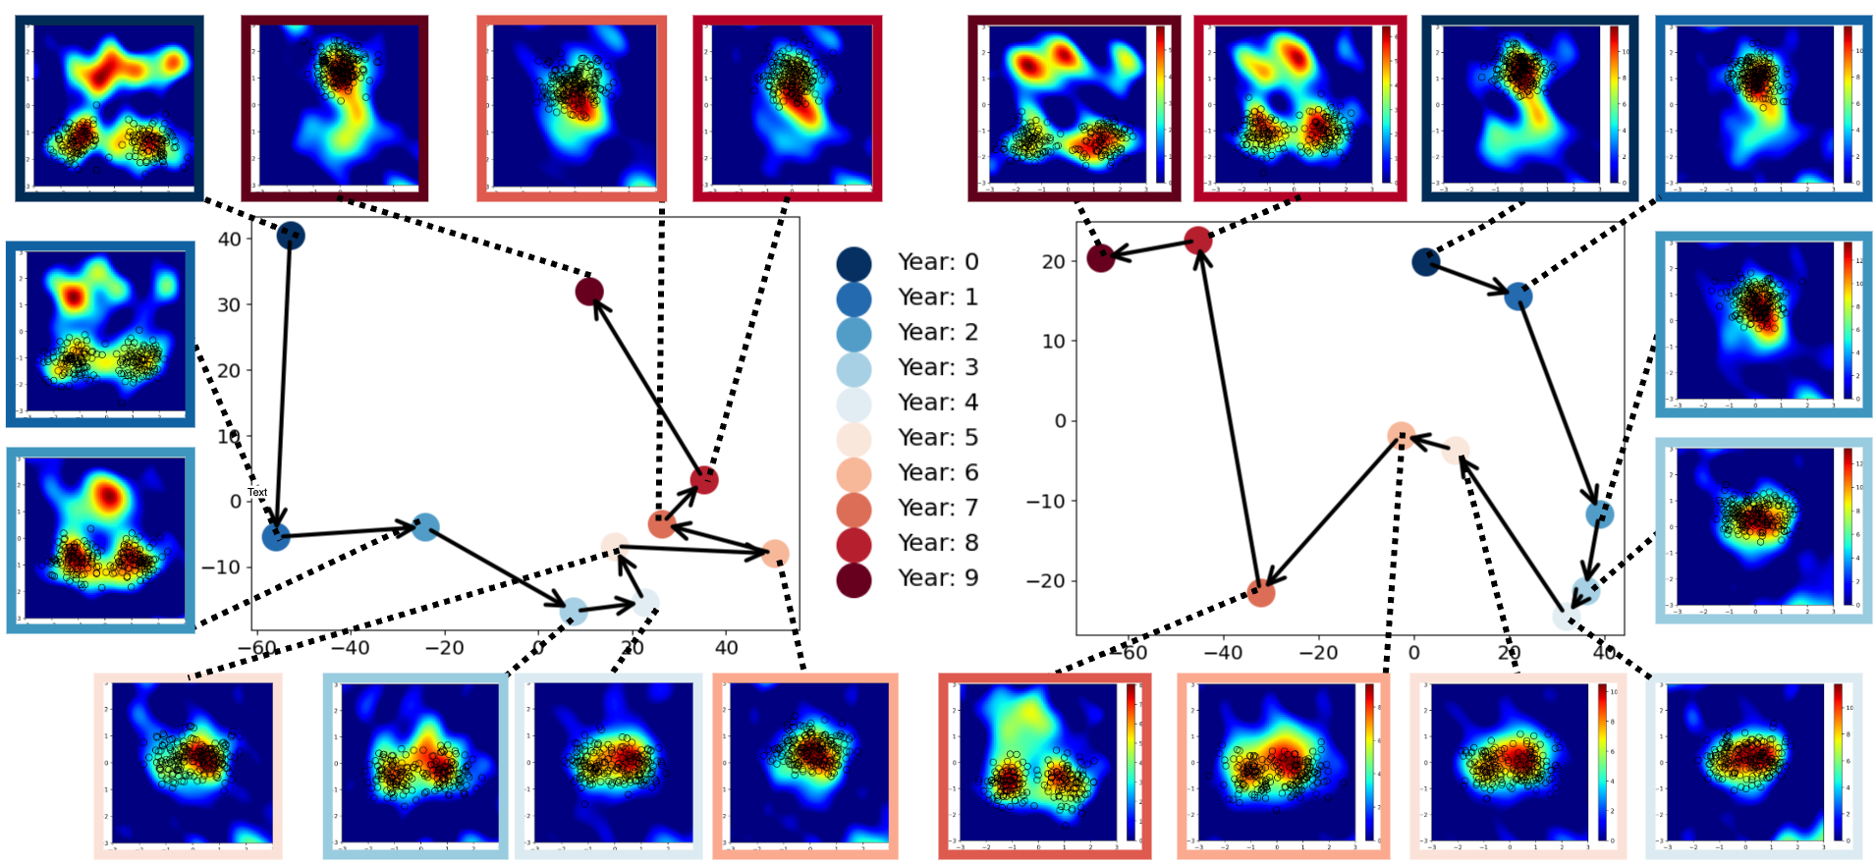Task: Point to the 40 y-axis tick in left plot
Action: pos(229,240)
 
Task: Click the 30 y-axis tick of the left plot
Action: pos(229,305)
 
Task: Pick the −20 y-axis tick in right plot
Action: pos(1045,581)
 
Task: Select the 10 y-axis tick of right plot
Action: pos(1053,342)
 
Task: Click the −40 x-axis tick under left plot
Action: pos(350,648)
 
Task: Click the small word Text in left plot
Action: pos(257,492)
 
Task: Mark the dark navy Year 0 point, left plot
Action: pos(290,236)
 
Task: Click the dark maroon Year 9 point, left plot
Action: pos(589,292)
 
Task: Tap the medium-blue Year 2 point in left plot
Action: pos(424,527)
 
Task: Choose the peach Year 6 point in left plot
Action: pos(775,554)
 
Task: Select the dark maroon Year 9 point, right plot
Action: pos(1101,258)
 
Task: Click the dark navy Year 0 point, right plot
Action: pos(1426,262)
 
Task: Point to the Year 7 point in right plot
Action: pos(1261,592)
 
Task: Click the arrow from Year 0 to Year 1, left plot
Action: pos(284,383)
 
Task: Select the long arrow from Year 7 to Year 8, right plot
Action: pos(1230,417)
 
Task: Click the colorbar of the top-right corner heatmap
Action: pos(1847,104)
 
